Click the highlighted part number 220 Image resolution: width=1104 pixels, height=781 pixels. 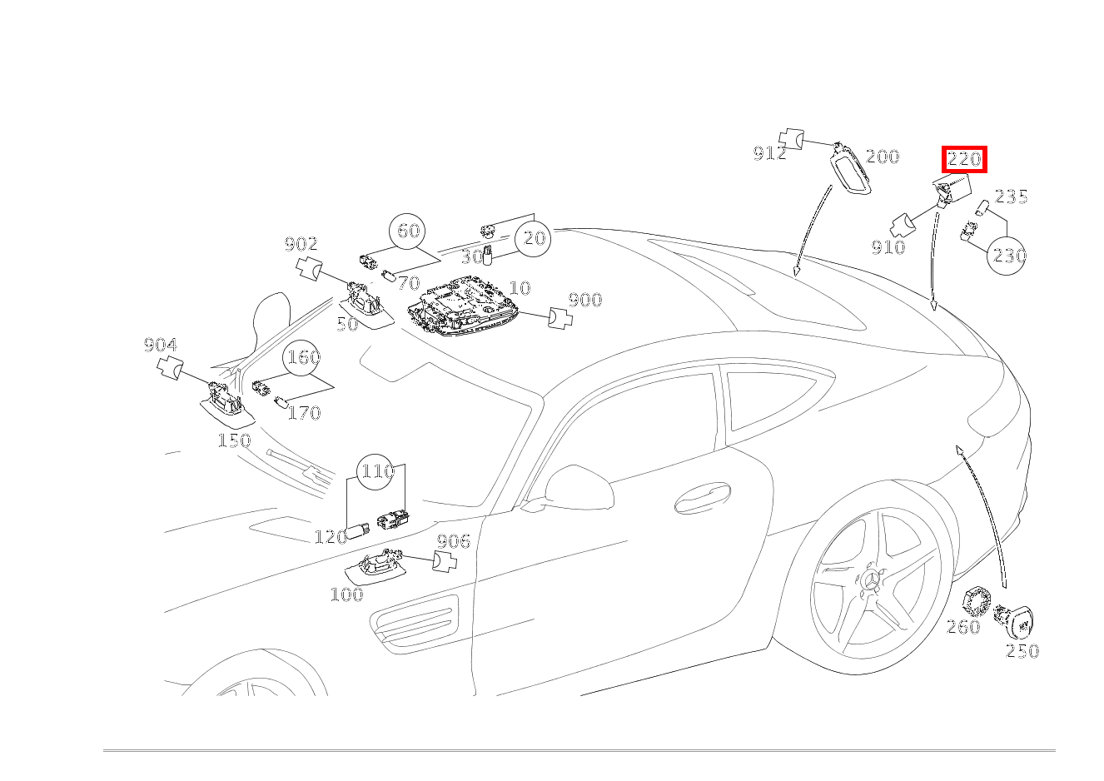coord(964,159)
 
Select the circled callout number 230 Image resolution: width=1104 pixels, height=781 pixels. coord(1008,256)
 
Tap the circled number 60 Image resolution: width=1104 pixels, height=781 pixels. coord(408,231)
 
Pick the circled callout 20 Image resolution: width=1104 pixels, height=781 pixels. coord(534,239)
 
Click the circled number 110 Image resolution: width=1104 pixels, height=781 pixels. coord(376,472)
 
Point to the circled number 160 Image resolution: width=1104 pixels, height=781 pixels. coord(303,357)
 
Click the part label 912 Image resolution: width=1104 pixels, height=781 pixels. coord(769,153)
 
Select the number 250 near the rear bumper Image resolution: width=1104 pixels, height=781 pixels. coord(1022,651)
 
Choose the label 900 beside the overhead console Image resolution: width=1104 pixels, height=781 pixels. coord(584,301)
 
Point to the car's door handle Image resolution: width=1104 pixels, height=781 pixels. coord(701,498)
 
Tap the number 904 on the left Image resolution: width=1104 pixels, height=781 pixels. coord(160,346)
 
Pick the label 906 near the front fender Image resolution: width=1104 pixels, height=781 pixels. coord(453,542)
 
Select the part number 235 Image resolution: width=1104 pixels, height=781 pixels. coord(1012,197)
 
